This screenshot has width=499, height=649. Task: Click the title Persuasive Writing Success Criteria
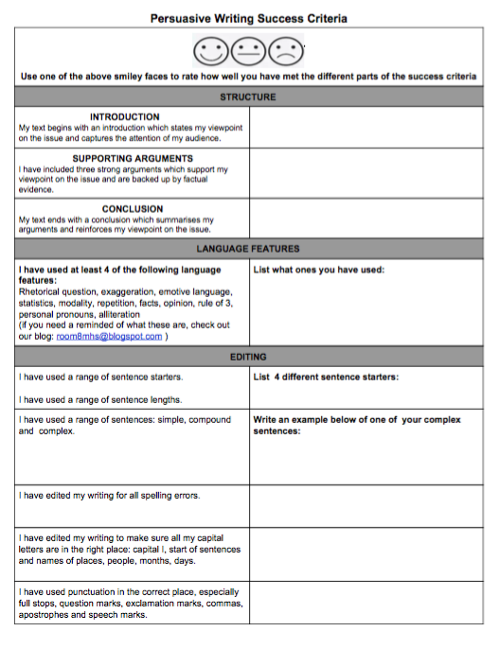pyautogui.click(x=248, y=18)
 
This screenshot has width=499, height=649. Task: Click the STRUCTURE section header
pyautogui.click(x=248, y=96)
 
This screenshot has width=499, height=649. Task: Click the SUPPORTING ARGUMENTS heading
pyautogui.click(x=133, y=159)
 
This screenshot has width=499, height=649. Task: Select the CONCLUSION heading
pyautogui.click(x=133, y=209)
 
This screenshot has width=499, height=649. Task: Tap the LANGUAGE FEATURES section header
pyautogui.click(x=248, y=249)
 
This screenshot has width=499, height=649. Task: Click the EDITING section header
pyautogui.click(x=248, y=358)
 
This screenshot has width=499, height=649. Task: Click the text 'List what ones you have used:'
pyautogui.click(x=318, y=270)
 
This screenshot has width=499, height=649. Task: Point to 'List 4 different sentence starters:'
pyautogui.click(x=326, y=377)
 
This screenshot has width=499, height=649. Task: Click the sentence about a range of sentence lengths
pyautogui.click(x=100, y=399)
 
